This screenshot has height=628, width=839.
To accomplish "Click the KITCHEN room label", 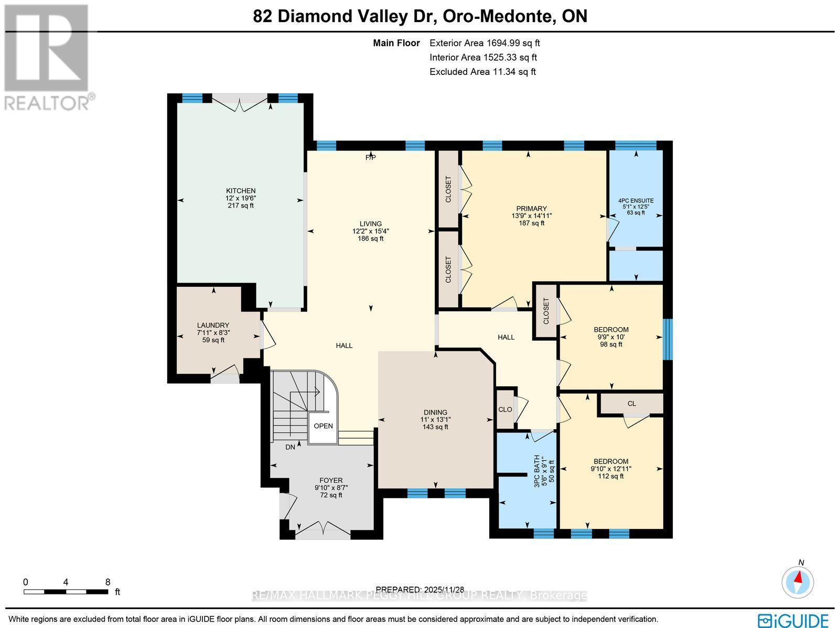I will [x=241, y=191].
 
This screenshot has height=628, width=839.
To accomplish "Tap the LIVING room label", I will [x=370, y=224].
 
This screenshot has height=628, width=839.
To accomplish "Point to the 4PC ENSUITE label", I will [x=636, y=201].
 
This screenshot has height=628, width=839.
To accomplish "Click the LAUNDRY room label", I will [x=213, y=325].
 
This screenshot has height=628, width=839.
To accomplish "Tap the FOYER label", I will [x=331, y=480].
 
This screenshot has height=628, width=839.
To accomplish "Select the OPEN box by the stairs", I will [x=323, y=426].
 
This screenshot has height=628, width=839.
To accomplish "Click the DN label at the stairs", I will [x=291, y=447].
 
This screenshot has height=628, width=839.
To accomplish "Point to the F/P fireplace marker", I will [x=370, y=157].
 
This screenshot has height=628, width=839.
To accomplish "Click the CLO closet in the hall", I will [x=505, y=409].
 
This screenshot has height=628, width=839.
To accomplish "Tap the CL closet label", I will [x=631, y=404].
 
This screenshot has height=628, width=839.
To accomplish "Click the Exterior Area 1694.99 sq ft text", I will [x=485, y=44].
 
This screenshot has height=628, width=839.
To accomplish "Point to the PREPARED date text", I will [x=421, y=589].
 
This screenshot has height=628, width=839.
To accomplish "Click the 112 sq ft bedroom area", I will [x=611, y=476].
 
